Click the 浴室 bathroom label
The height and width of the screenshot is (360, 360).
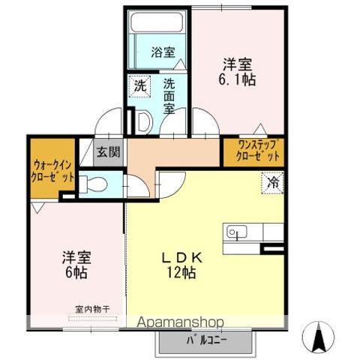163,52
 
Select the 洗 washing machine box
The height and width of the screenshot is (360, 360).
140,85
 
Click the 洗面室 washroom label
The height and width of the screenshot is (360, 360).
169,95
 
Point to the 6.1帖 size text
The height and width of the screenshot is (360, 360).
238,79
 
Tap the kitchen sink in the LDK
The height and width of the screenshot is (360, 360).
235,233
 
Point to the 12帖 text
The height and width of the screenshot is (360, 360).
182,273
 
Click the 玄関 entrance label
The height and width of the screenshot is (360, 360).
109,151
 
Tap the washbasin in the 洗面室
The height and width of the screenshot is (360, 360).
142,120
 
